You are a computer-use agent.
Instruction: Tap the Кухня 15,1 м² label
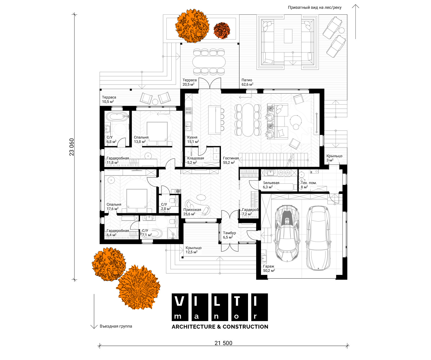pos(193,140)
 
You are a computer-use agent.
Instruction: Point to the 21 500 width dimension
pos(223,343)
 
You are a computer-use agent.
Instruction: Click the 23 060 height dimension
pos(72,147)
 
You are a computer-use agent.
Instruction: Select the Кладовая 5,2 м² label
pos(195,160)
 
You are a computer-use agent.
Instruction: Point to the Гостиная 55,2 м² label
pos(231,160)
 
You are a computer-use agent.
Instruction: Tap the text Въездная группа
pos(116,326)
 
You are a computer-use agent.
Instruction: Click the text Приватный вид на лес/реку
pos(314,8)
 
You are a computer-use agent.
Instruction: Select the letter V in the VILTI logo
pos(180,301)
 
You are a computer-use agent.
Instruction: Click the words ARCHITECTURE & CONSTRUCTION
pos(220,327)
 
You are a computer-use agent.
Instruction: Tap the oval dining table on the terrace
pos(209,62)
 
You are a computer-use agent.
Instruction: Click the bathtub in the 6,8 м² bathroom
pos(117,116)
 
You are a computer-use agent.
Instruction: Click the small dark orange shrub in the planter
pos(222,31)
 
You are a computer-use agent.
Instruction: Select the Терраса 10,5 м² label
pos(109,99)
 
